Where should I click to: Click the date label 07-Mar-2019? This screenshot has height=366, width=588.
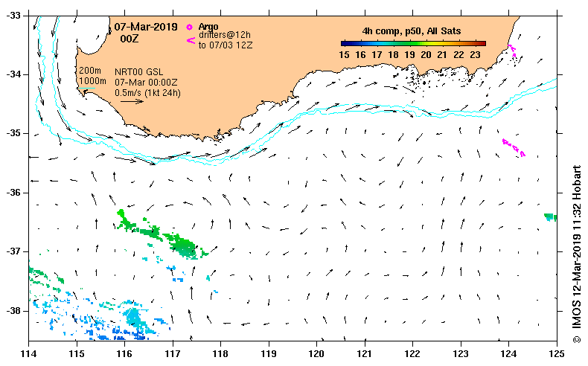click(145, 27)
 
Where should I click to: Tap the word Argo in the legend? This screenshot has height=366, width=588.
click(208, 27)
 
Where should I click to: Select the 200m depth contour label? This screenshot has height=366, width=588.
click(90, 70)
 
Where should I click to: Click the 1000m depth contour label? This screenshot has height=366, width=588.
click(92, 80)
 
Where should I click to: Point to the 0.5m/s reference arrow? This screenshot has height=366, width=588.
click(130, 101)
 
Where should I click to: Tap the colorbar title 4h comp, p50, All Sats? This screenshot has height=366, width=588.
click(411, 31)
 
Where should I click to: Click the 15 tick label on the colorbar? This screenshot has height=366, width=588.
click(345, 54)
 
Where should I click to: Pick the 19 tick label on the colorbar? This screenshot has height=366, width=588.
click(411, 54)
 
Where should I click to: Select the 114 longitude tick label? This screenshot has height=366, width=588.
click(29, 353)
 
